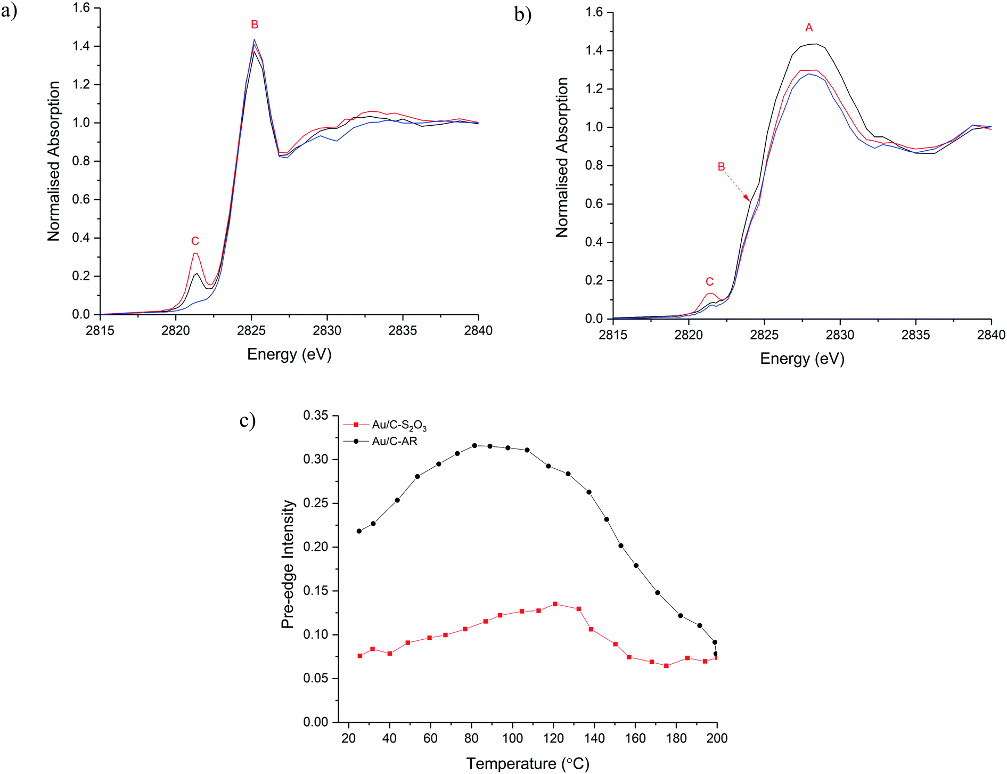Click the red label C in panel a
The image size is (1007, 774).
[195, 241]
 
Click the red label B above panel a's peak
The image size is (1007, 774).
[255, 25]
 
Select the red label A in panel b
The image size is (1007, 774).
[809, 28]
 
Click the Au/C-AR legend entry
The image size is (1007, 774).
[394, 442]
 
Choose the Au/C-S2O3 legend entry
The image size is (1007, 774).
[398, 425]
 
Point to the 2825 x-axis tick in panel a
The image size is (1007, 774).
[251, 331]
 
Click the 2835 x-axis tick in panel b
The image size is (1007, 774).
[915, 335]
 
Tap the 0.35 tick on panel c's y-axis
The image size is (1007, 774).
[316, 415]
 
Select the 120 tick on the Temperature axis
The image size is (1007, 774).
[554, 738]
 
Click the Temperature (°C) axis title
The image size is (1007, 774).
[528, 764]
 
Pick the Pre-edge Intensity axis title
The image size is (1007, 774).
[288, 564]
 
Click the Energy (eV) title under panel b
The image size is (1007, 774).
[802, 359]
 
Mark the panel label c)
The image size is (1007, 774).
[248, 421]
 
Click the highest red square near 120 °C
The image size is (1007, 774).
[555, 604]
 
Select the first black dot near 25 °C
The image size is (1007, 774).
[359, 531]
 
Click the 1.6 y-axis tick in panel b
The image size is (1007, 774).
[594, 12]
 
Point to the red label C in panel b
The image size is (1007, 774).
[709, 282]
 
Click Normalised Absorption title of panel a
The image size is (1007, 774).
[53, 161]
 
